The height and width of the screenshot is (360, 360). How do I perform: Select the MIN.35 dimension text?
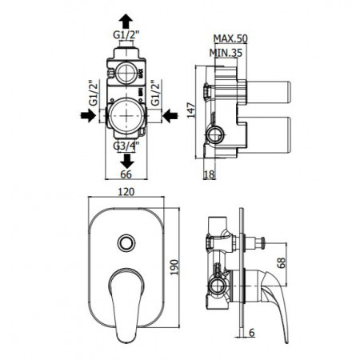tap(228, 53)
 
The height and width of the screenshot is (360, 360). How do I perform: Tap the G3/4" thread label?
tap(126, 146)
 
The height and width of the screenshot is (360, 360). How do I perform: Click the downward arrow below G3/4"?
tap(126, 160)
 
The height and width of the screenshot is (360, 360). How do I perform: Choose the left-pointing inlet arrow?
tap(167, 116)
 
